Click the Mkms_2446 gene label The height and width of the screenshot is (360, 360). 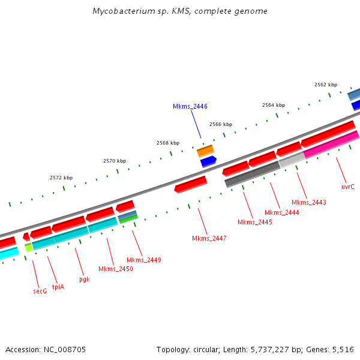click(x=190, y=106)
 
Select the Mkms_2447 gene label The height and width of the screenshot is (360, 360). click(x=209, y=238)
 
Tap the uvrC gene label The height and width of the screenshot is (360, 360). click(x=348, y=187)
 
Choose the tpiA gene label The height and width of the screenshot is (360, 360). click(x=58, y=286)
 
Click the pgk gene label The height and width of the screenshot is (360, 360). click(x=85, y=279)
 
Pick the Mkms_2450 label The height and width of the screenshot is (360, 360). click(x=116, y=269)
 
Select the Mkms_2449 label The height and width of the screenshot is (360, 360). click(x=143, y=260)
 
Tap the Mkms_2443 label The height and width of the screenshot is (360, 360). click(x=309, y=202)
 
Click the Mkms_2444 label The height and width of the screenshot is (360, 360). click(x=281, y=212)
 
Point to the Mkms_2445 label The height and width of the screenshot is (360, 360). click(x=255, y=222)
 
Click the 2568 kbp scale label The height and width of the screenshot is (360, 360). click(x=168, y=143)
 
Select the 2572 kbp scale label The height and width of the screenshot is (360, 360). click(x=61, y=178)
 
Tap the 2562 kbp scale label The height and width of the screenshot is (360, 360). click(x=326, y=85)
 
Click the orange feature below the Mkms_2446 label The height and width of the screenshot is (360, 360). click(x=205, y=151)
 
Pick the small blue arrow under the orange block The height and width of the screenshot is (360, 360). click(x=208, y=161)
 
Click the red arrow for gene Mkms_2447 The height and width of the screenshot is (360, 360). click(x=190, y=184)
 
